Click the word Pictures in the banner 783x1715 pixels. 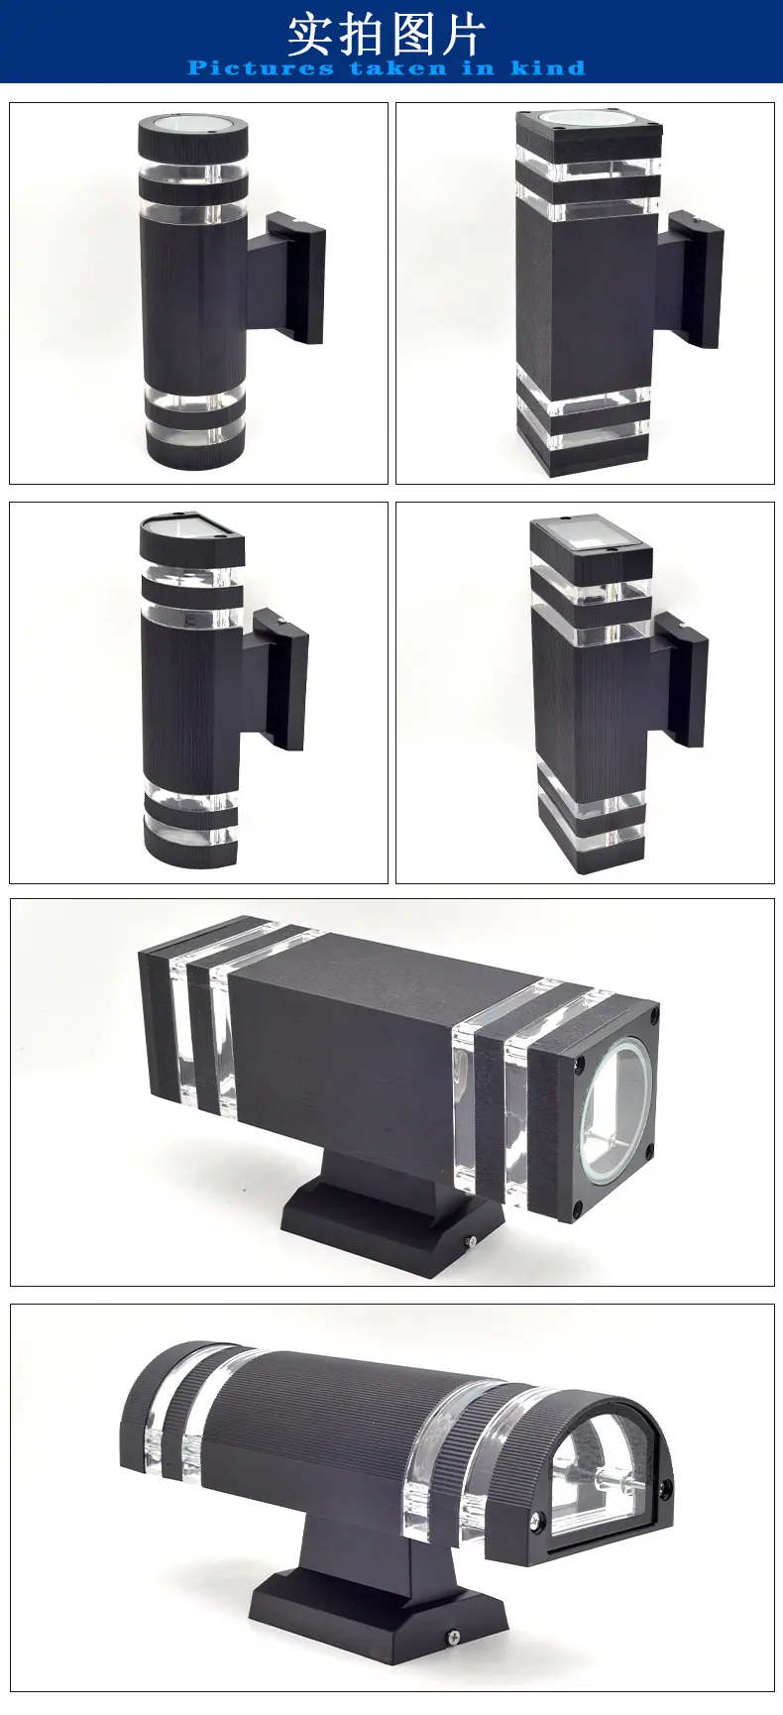pyautogui.click(x=261, y=67)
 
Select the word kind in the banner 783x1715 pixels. pyautogui.click(x=548, y=67)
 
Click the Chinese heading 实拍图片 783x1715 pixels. pyautogui.click(x=387, y=34)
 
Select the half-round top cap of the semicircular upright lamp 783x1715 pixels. pyautogui.click(x=191, y=536)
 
